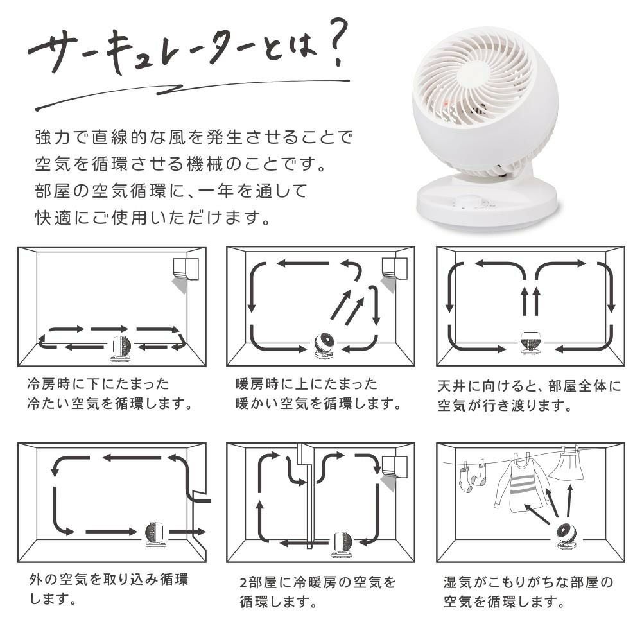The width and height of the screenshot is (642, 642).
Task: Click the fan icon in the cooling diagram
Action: pos(121,348)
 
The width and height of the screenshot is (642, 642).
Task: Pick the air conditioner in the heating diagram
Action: pos(394,268)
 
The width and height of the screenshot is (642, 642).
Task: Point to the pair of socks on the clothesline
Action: pos(473,478)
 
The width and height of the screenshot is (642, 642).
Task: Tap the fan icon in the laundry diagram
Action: pos(566,535)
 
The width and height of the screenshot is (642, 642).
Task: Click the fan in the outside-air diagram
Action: pos(155,534)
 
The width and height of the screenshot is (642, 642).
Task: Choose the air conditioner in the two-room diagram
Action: pos(394,465)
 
